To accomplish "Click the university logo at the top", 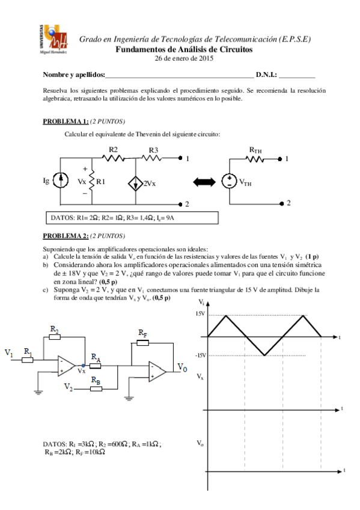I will [56, 40].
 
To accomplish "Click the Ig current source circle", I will [61, 179].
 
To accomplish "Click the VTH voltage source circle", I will [230, 183].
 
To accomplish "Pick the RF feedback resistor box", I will [142, 343].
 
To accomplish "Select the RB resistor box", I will [96, 387].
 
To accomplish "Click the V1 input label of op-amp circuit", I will [10, 353].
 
